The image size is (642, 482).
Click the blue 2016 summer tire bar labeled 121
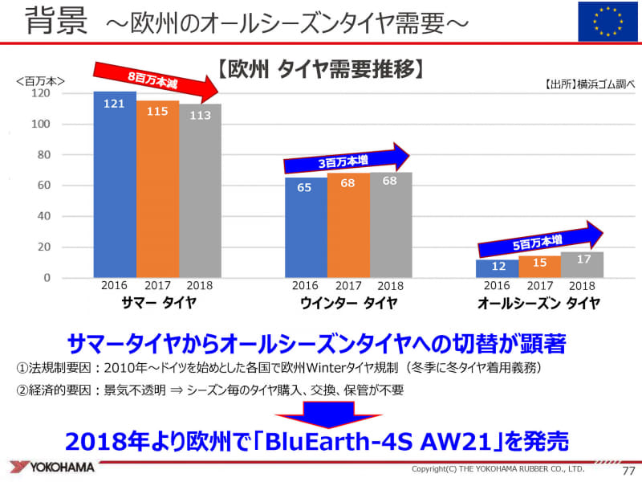pos(114,185)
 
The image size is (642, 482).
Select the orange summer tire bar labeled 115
pos(157,189)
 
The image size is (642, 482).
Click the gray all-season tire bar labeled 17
pos(582,265)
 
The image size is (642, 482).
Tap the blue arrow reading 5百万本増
pos(538,238)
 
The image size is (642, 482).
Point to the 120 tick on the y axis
pos(42,94)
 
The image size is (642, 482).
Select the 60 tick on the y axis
pos(45,186)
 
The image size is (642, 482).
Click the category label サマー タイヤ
pos(157,303)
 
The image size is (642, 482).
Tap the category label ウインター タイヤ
pos(347,303)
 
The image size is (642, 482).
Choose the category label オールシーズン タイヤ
pos(538,303)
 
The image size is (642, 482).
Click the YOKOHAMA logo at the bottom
pos(53,467)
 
